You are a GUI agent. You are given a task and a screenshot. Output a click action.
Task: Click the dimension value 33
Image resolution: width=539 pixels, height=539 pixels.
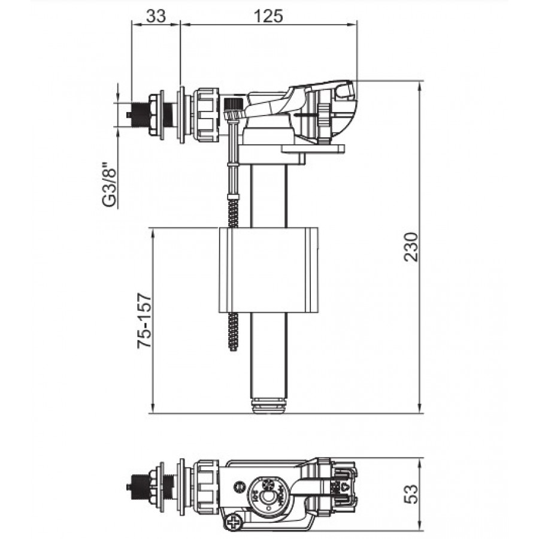click(x=156, y=16)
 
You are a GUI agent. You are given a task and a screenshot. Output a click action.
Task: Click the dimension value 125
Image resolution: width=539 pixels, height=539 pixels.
click(x=268, y=16)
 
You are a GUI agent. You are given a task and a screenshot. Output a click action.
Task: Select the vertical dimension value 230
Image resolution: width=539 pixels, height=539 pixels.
click(x=412, y=247)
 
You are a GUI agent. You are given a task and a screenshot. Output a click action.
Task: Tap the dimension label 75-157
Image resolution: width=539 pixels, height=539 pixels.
click(x=144, y=320)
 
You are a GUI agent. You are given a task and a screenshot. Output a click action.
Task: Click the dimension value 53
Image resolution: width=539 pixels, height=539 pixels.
click(x=412, y=493)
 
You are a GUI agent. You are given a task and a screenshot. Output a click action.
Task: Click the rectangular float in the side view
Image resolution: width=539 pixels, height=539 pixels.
click(x=268, y=270)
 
